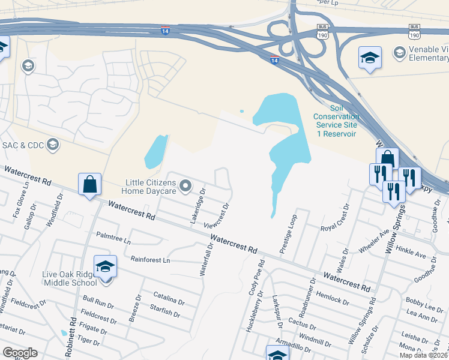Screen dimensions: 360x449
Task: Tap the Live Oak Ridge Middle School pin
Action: pos(105,266)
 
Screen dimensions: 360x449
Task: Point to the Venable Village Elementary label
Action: pos(429,53)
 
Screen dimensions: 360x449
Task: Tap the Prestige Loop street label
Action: pos(289,233)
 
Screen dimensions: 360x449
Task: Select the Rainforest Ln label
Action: pos(150,260)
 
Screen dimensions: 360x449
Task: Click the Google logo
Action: pos(20,353)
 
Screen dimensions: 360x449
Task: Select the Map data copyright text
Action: pos(423,355)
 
